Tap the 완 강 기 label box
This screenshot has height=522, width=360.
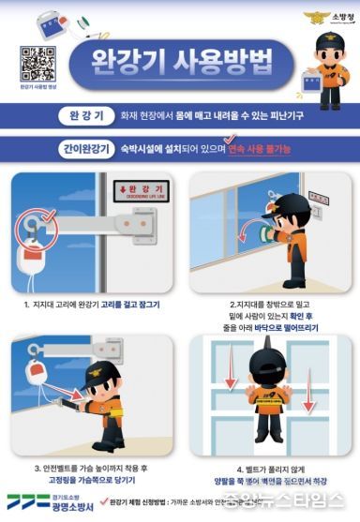(86, 117)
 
